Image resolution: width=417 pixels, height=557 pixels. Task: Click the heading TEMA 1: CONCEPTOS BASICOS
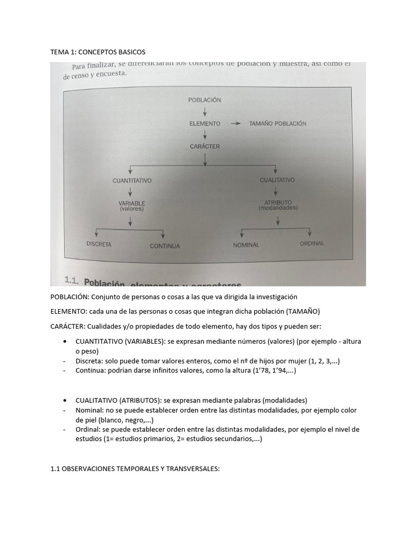pos(98,52)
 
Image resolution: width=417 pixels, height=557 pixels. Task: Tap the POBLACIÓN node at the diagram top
pos(205,100)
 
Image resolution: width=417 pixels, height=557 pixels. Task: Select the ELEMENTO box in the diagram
pos(205,123)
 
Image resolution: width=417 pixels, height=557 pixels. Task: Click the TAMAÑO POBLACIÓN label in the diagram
pos(277,123)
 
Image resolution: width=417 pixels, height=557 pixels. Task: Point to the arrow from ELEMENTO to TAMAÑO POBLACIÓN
pos(235,123)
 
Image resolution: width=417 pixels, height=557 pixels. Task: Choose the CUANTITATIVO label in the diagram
pos(131,180)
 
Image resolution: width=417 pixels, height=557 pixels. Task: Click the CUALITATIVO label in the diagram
pos(277,180)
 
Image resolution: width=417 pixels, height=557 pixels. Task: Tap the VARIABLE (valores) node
pos(132,206)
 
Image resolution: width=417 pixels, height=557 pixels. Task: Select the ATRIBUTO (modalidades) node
pos(278,205)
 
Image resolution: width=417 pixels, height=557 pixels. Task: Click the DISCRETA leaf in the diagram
pos(99,244)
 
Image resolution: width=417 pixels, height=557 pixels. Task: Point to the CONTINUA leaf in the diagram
pos(165,246)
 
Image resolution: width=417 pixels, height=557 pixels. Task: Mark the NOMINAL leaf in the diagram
pos(246,245)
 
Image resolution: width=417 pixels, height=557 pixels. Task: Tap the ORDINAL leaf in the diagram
pos(312,243)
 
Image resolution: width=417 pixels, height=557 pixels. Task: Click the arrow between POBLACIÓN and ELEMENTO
pos(205,112)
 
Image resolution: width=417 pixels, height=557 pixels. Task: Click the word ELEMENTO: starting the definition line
pos(69,311)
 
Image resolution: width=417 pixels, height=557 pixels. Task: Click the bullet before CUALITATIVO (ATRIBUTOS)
pos(65,400)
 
